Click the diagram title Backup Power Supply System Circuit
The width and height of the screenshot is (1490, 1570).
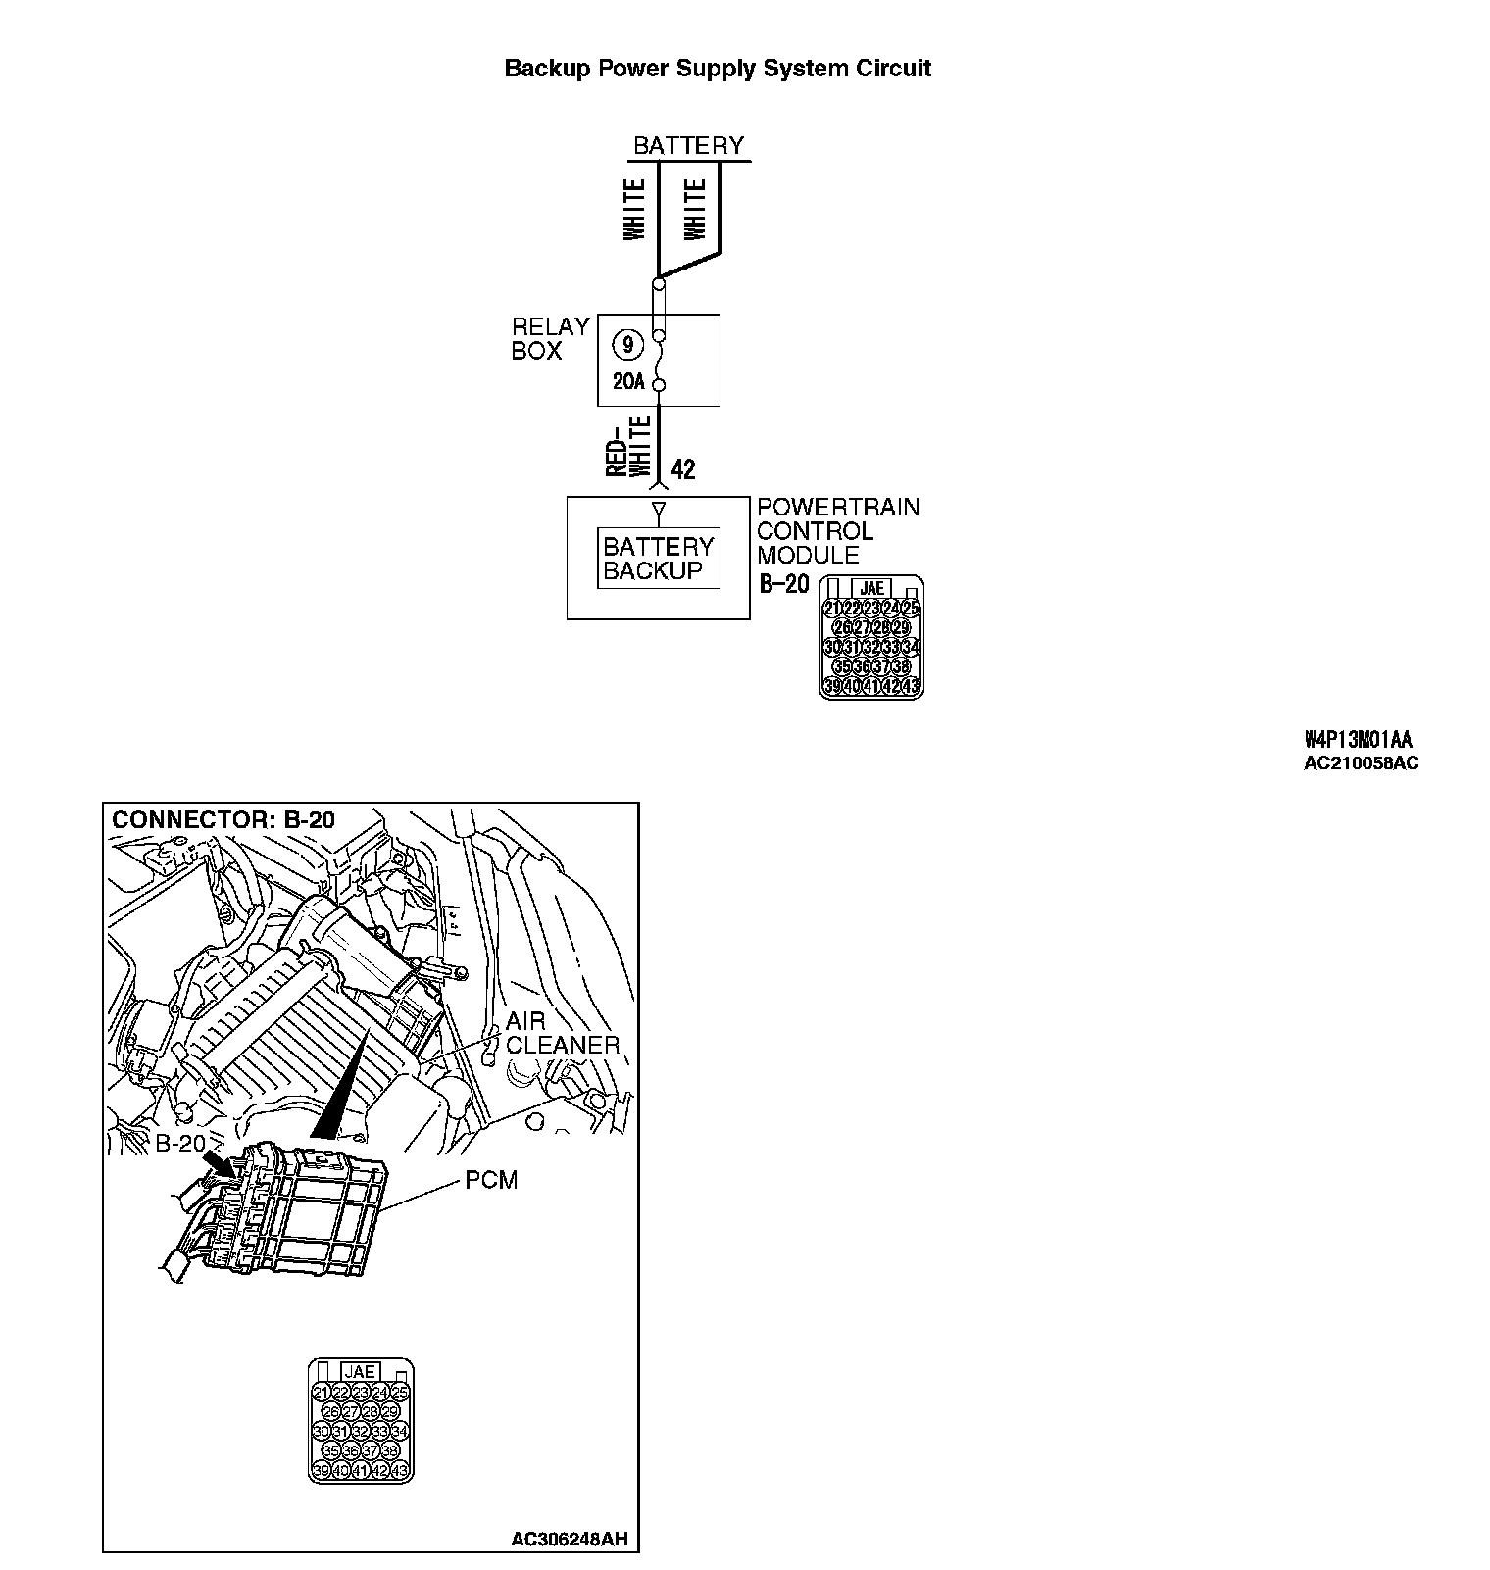point(717,69)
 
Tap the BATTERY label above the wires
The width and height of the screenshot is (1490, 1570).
point(688,146)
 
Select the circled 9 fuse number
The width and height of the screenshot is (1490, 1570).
point(627,345)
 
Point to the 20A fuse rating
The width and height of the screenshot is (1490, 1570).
point(628,383)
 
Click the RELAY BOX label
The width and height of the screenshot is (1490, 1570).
point(550,339)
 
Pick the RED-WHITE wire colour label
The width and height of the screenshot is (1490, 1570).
point(628,446)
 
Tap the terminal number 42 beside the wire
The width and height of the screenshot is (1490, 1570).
point(683,469)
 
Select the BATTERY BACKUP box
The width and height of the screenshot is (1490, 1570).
point(659,559)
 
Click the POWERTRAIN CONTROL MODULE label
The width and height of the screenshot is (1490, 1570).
point(838,531)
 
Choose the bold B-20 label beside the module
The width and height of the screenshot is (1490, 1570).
point(784,584)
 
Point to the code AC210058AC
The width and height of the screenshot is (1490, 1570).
point(1361,763)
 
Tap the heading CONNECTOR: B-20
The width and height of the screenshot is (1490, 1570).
point(223,820)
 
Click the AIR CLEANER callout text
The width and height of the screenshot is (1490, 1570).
point(562,1033)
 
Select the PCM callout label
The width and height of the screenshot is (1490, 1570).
point(491,1180)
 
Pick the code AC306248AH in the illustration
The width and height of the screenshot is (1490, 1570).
point(569,1540)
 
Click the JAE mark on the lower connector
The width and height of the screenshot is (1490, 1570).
point(361,1372)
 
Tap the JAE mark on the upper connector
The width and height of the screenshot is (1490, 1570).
point(870,588)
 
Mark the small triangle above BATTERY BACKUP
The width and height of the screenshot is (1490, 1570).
point(659,510)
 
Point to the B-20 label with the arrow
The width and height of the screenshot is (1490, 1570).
point(180,1143)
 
